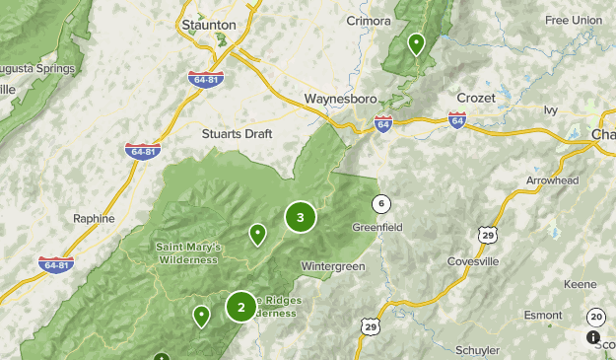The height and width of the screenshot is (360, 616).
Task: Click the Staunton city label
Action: (209, 24)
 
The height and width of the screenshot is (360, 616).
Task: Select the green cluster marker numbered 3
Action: (300, 217)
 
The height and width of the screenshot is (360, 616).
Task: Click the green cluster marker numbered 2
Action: (240, 307)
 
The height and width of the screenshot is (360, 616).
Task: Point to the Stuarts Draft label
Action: (236, 133)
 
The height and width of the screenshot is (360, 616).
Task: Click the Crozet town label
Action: (476, 98)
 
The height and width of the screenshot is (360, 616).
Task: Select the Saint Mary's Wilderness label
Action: (188, 252)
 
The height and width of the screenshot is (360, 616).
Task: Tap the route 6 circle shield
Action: (380, 204)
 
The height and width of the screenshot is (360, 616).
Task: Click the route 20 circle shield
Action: (595, 317)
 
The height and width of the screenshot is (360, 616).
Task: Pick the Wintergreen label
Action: (333, 266)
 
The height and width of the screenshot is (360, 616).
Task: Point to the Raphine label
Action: (95, 218)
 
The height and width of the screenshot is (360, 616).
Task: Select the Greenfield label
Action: (377, 227)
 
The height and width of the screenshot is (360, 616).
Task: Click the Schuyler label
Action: (478, 350)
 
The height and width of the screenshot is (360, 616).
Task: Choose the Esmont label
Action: (543, 316)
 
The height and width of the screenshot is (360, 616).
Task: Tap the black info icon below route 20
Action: (593, 337)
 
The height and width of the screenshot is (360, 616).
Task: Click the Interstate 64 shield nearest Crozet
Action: (457, 120)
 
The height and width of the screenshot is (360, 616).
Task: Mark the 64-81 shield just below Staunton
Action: (205, 79)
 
